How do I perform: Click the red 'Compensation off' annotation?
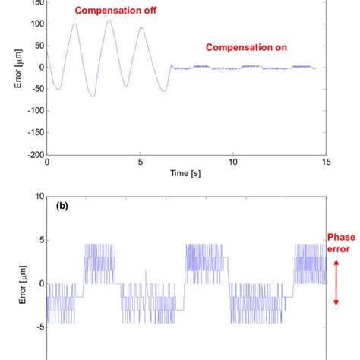110,11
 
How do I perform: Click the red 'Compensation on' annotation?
247,47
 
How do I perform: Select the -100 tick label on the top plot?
32,111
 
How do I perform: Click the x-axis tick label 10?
233,163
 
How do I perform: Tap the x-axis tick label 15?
326,163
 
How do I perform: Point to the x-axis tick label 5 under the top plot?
141,163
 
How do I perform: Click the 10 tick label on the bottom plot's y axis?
38,196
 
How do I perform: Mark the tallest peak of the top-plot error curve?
109,20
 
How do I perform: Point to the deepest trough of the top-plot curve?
91,96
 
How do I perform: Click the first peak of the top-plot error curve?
74,24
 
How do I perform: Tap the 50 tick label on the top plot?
36,45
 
